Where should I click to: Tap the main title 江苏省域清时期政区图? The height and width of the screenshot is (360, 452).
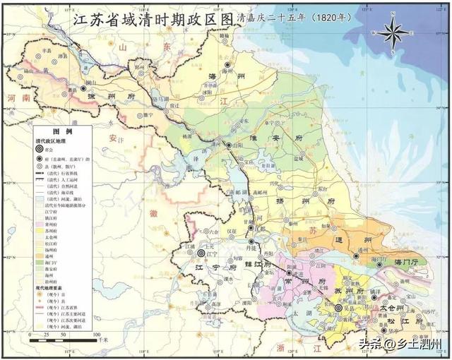153,20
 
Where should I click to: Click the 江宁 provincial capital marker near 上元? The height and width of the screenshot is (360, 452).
201,252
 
